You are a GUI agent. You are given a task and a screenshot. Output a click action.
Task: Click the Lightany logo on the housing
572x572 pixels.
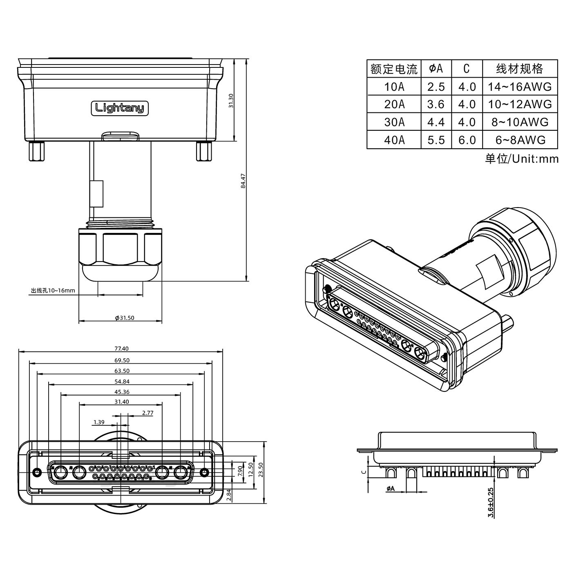[x=119, y=108]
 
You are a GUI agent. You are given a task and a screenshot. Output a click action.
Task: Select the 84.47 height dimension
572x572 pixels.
[x=243, y=181]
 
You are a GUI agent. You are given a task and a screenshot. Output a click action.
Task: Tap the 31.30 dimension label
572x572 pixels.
[x=231, y=101]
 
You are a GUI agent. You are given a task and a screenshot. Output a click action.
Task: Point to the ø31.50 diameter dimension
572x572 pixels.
[x=125, y=318]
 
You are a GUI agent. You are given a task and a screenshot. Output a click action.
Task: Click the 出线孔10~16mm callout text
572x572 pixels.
[x=53, y=290]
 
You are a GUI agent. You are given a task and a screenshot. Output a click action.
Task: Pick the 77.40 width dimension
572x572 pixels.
[x=121, y=349]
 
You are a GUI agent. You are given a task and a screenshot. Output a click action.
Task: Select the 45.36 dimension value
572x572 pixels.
[x=121, y=392]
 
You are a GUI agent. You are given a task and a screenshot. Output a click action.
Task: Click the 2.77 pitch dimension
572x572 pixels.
[x=147, y=413]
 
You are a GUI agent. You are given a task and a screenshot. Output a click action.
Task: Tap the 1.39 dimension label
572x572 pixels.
[x=99, y=422]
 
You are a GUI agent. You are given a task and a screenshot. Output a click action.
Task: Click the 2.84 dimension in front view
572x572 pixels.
[x=229, y=495]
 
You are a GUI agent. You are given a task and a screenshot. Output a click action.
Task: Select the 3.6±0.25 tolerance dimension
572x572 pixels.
[x=491, y=503]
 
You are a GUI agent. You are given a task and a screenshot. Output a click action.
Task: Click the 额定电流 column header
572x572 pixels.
[x=394, y=69]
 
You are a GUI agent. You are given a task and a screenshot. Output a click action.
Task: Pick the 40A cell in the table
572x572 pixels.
[x=394, y=140]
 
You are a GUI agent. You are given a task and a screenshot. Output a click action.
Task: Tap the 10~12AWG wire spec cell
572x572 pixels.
[x=520, y=104]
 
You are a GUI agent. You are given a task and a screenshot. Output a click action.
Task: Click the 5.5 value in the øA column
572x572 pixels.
[x=436, y=140]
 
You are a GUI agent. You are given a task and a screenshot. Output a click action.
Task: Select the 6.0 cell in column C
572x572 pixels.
[x=467, y=140]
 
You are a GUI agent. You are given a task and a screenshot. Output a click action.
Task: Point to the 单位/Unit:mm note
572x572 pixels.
[x=521, y=159]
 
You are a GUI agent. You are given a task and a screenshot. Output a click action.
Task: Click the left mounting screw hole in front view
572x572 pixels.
[x=37, y=472]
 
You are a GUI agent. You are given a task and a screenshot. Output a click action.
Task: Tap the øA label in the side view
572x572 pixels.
[x=390, y=488]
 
